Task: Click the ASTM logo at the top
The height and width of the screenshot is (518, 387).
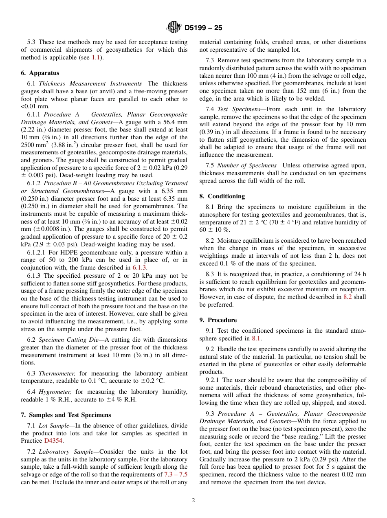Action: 174,28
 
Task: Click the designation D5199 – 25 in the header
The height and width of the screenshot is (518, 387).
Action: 203,28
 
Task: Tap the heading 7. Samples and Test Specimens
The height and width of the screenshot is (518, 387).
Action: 66,415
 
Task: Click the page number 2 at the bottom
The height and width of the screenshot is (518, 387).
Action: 193,500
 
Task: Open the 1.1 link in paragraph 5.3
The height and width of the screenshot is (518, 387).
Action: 96,57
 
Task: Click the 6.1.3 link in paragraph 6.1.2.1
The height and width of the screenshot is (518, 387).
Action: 139,268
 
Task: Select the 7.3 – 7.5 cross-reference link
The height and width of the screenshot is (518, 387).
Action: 176,474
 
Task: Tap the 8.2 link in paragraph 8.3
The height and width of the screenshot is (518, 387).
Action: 347,297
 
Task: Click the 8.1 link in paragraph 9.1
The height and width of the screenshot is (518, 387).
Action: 256,338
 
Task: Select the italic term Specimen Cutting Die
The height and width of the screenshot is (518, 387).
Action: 67,340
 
